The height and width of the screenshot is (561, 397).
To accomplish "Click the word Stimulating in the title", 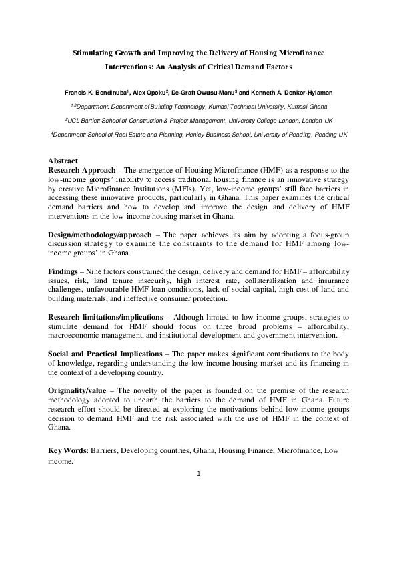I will point(93,52).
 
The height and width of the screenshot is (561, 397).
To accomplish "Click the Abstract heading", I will point(63,161).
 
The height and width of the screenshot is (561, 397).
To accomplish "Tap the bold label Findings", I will point(63,272).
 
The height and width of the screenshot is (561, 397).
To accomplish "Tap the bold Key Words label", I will point(69,451).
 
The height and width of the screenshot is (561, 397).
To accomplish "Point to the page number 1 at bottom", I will point(199,474).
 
